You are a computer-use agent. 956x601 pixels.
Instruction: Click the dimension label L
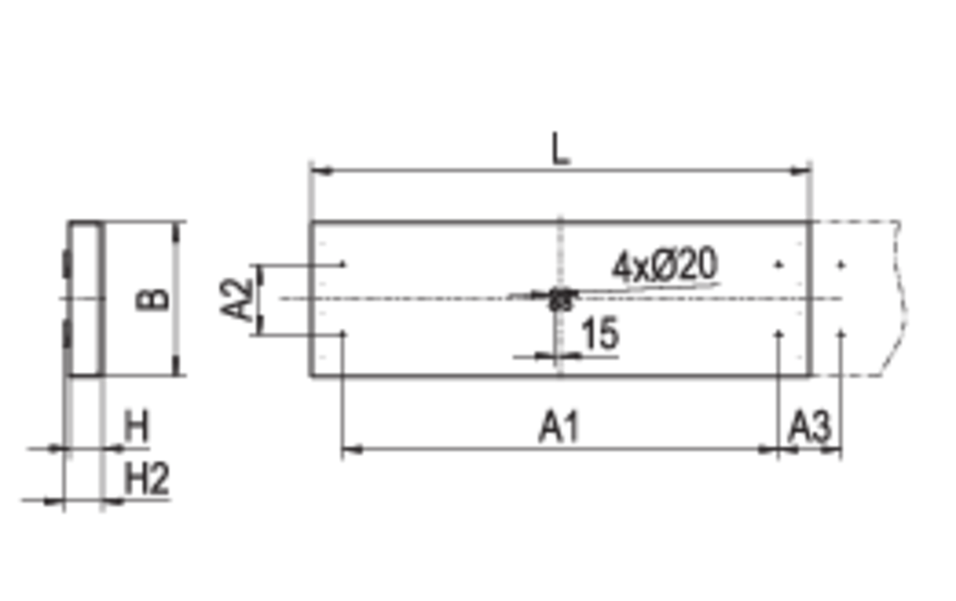tap(560, 150)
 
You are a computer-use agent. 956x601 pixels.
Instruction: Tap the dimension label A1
tap(559, 426)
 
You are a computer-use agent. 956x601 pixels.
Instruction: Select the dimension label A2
tap(236, 299)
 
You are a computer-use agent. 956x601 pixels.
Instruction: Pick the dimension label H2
tap(147, 479)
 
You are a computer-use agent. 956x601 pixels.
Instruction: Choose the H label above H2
tap(136, 426)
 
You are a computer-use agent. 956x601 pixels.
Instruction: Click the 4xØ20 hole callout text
tap(665, 265)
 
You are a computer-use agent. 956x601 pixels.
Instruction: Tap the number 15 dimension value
tap(600, 334)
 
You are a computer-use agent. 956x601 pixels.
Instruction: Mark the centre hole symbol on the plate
tap(561, 299)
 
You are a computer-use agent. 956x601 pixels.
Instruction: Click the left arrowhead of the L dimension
tap(321, 171)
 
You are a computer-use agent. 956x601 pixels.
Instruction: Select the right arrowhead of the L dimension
tap(800, 171)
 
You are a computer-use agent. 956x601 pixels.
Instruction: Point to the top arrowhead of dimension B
tap(176, 233)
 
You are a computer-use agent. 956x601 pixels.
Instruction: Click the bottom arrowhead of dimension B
tap(176, 365)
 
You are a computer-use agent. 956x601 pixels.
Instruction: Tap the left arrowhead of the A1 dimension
tap(352, 451)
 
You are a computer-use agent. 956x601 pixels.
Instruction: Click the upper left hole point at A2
tap(344, 265)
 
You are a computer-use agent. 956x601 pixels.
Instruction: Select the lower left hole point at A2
tap(344, 334)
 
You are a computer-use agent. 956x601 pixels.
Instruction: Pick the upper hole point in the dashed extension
tap(841, 265)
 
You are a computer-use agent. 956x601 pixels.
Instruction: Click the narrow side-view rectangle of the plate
tap(85, 299)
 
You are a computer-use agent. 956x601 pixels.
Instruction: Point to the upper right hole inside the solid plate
tap(779, 265)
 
